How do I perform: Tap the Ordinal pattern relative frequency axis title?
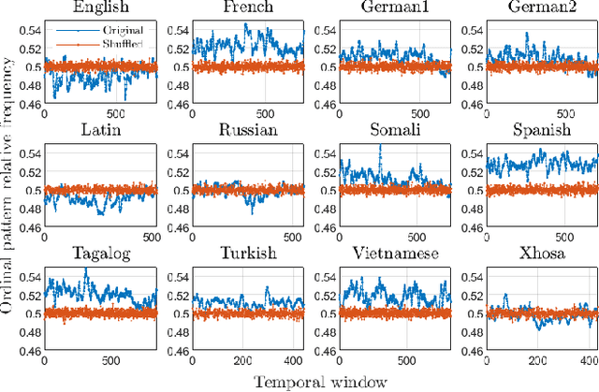tap(9, 187)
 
